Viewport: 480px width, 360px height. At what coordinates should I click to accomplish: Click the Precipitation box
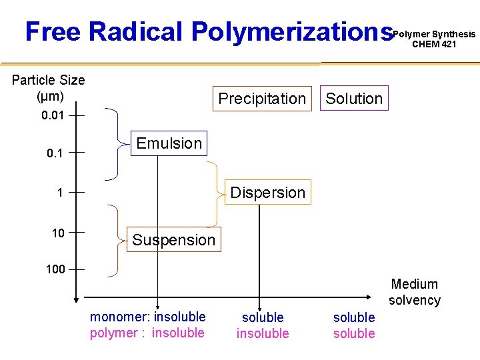click(x=262, y=99)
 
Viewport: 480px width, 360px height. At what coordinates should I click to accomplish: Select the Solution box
click(x=354, y=99)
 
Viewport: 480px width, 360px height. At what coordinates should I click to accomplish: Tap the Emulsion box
click(x=169, y=143)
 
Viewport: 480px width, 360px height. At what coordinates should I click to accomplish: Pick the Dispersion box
click(x=267, y=193)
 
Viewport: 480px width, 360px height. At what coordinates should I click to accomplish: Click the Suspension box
click(x=173, y=239)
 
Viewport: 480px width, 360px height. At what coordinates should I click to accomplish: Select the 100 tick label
click(x=55, y=269)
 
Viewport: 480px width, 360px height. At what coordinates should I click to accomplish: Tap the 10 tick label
click(x=58, y=233)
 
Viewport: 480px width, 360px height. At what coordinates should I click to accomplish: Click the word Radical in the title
click(x=135, y=31)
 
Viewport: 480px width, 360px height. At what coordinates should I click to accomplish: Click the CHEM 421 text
click(x=434, y=45)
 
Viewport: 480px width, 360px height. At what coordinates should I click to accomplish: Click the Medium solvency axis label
click(x=415, y=292)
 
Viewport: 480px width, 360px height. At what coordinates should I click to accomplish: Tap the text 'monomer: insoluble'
click(x=148, y=317)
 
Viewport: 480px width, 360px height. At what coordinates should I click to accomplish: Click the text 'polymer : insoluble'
click(x=147, y=333)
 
